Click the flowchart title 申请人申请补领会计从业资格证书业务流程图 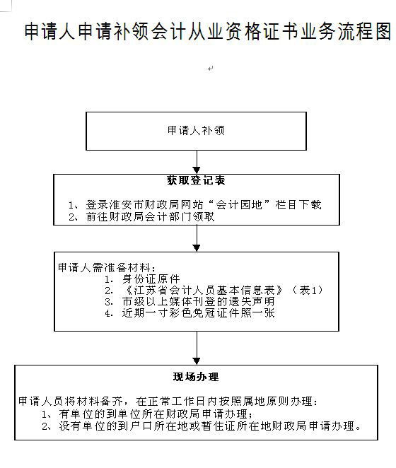(208, 31)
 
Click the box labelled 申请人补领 (196, 131)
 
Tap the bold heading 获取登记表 (196, 180)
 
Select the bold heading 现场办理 (196, 377)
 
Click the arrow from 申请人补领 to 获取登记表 (197, 162)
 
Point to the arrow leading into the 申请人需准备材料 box (197, 238)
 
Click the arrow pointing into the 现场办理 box (197, 348)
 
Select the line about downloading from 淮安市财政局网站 (194, 205)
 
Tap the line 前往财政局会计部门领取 (141, 217)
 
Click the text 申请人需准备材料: (107, 267)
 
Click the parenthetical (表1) (308, 290)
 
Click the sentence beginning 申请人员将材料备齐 (168, 402)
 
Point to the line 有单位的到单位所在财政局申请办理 (147, 414)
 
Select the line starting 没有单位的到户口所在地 (202, 426)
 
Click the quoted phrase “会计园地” (239, 205)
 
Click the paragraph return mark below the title (210, 69)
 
